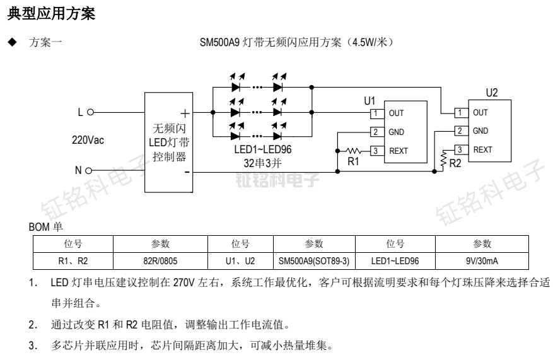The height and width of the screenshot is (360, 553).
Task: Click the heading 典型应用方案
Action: click(51, 13)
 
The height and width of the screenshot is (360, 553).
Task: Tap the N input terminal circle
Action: click(90, 170)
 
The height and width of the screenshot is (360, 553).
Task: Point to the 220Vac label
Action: click(88, 140)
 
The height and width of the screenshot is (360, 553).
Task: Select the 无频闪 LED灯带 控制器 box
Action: click(170, 142)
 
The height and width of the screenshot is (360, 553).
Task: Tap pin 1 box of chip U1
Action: click(375, 113)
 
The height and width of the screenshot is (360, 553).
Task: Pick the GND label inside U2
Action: click(480, 131)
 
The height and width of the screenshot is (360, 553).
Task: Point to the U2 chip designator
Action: click(491, 93)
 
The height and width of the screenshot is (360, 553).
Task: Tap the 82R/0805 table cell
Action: click(160, 259)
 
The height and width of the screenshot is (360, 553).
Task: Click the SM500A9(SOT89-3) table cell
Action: click(313, 259)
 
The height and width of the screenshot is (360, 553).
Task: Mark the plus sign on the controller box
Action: click(185, 113)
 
